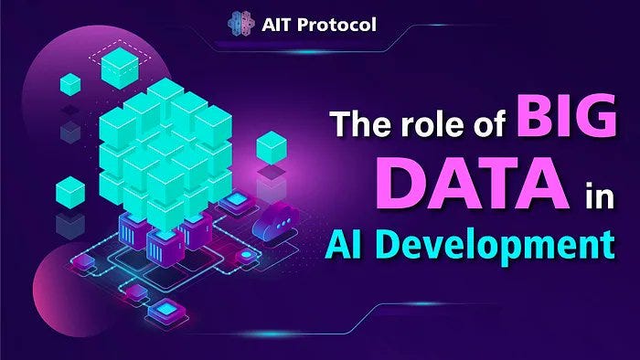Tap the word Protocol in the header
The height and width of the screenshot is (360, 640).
[343, 25]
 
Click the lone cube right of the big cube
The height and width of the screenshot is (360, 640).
[272, 148]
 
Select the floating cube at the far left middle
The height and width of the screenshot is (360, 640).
[70, 192]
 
